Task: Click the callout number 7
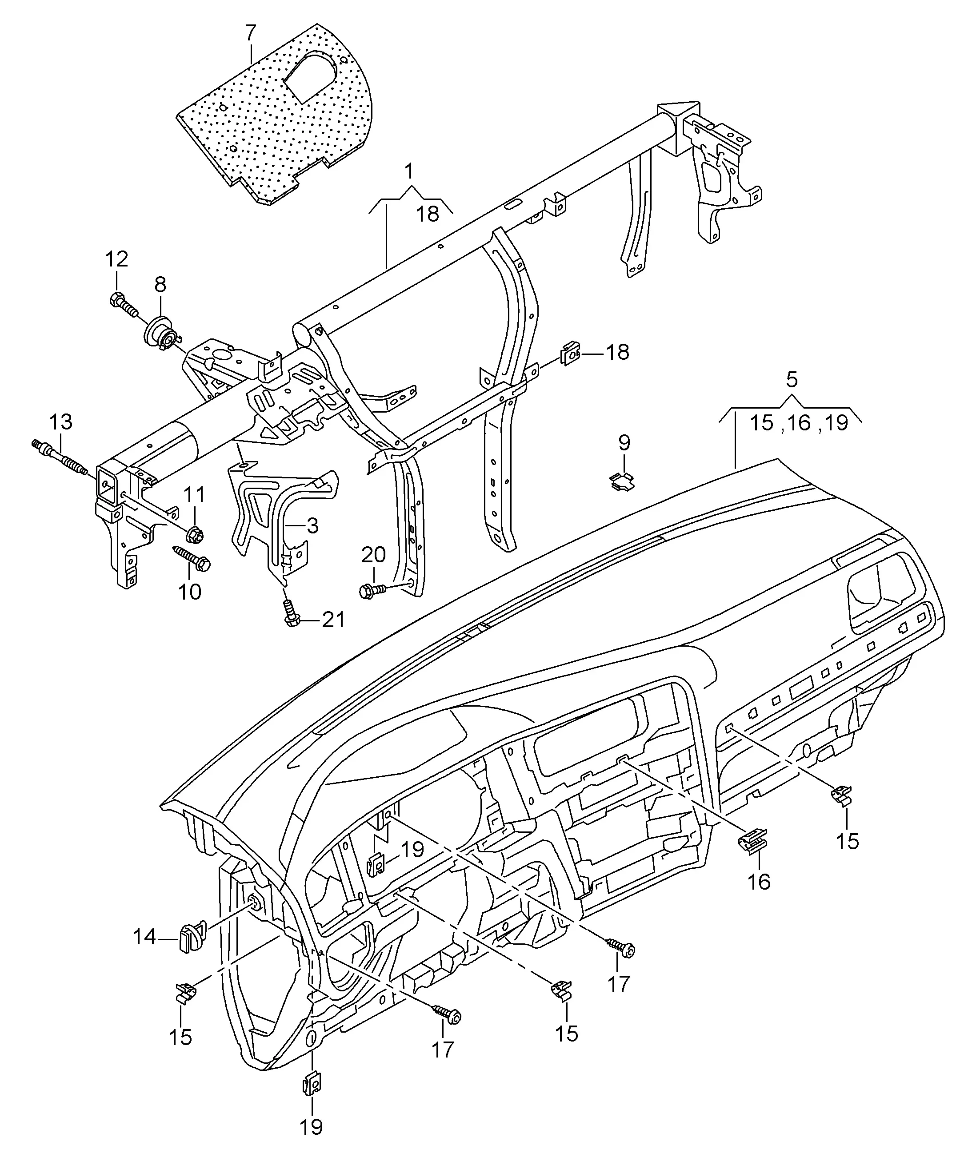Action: [x=250, y=33]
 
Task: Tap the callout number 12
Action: [x=116, y=259]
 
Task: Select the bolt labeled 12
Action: [x=124, y=305]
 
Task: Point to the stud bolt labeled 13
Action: [x=60, y=456]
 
